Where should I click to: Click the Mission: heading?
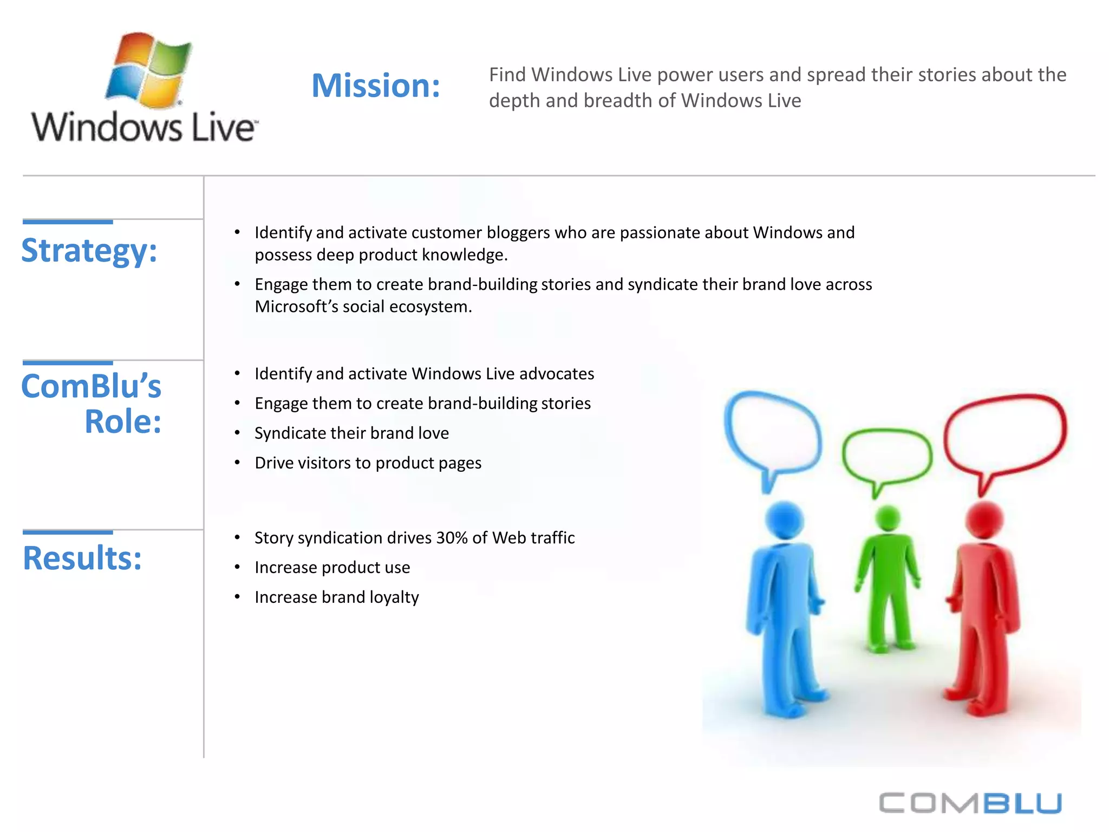[x=376, y=86]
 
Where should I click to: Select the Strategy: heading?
[x=89, y=251]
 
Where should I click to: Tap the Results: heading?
[x=82, y=558]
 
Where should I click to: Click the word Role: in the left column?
[x=123, y=422]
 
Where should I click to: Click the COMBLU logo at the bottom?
[x=970, y=803]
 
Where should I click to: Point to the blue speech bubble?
[x=773, y=433]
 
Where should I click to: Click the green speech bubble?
[x=886, y=457]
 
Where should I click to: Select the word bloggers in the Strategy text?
[x=517, y=233]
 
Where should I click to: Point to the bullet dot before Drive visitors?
[x=237, y=463]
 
